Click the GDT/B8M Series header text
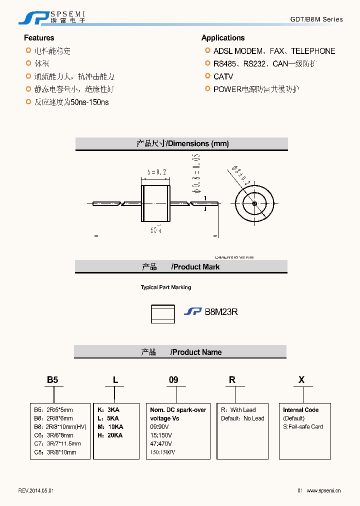[x=316, y=19]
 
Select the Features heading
[x=39, y=38]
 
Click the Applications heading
[x=223, y=38]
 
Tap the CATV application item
[x=223, y=76]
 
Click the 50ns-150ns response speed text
[x=89, y=102]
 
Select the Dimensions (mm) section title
[x=182, y=143]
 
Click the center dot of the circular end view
[x=254, y=203]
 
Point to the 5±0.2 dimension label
[x=156, y=172]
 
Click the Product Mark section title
[x=181, y=267]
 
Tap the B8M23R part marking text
[x=221, y=311]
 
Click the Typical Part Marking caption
[x=165, y=287]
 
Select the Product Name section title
[x=181, y=352]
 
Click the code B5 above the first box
[x=52, y=380]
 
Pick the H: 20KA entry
[x=110, y=435]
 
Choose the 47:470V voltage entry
[x=161, y=443]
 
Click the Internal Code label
[x=300, y=410]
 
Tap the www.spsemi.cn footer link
[x=323, y=491]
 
